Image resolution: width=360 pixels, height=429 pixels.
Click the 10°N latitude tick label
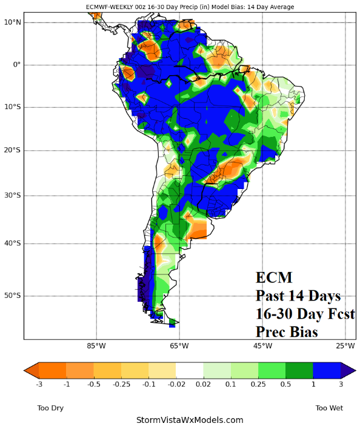(13, 22)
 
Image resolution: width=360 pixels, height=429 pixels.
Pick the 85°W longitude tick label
(96, 346)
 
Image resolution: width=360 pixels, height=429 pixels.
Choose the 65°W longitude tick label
(179, 346)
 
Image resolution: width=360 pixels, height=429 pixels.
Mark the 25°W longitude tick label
(345, 346)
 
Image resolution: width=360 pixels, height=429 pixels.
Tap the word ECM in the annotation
(274, 278)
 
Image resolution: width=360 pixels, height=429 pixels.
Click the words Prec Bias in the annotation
(287, 332)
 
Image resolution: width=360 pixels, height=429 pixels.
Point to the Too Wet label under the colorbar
(330, 408)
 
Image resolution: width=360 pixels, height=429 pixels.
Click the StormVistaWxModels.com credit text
(190, 419)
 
